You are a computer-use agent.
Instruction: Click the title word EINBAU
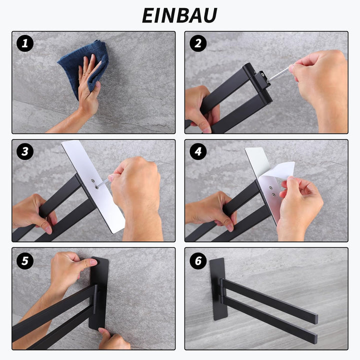click(179, 15)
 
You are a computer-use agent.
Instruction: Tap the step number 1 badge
click(25, 43)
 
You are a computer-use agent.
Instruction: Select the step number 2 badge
click(198, 43)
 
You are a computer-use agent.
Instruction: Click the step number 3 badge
click(25, 151)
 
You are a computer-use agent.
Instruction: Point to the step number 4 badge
click(198, 151)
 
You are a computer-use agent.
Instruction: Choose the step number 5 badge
click(25, 261)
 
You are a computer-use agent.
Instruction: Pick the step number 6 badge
click(198, 261)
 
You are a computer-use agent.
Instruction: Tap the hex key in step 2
click(279, 74)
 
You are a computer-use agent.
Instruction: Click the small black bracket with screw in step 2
click(262, 78)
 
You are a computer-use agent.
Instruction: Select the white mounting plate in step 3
click(93, 186)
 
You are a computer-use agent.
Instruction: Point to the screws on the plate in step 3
click(94, 184)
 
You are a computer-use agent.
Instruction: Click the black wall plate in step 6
click(217, 289)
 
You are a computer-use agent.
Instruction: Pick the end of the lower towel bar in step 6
click(314, 339)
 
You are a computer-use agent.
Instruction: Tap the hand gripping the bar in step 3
click(34, 214)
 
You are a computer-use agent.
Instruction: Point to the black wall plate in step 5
click(98, 294)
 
